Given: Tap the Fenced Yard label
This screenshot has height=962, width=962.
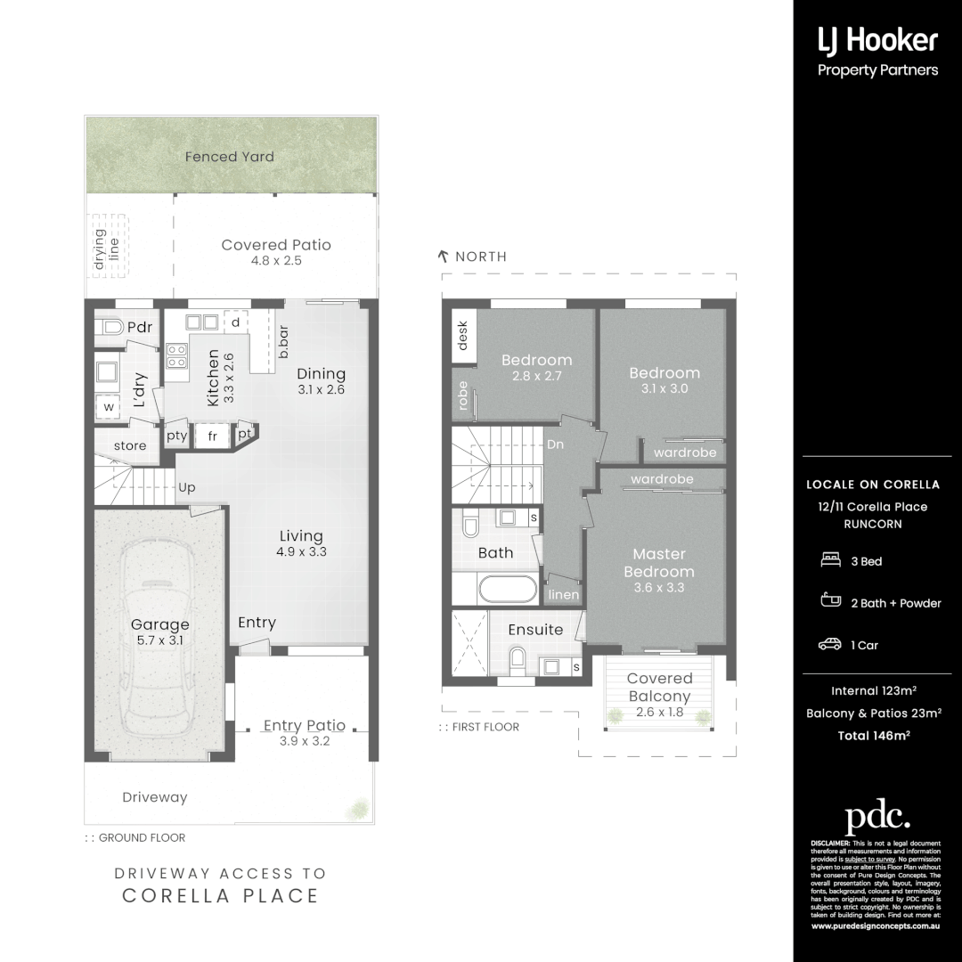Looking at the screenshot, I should [x=230, y=157].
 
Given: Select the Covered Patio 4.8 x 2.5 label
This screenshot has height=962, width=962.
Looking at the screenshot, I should [x=276, y=252].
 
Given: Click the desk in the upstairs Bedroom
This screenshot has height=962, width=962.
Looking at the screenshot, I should [x=462, y=337].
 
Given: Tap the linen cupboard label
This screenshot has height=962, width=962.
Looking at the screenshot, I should [x=564, y=595].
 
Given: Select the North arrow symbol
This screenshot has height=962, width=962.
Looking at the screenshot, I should [x=443, y=257].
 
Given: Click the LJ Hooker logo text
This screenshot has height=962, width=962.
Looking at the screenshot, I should [x=877, y=40].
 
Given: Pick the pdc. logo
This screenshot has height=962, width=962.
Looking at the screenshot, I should [x=877, y=817].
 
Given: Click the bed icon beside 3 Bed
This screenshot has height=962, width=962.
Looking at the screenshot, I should [x=829, y=560].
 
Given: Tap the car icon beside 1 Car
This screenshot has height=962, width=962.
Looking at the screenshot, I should [x=829, y=644].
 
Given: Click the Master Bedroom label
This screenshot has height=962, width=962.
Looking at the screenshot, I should [x=659, y=570].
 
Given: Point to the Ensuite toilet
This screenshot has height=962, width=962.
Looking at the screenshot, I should [x=516, y=659].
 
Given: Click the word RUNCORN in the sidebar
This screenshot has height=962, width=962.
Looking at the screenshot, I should [x=872, y=524].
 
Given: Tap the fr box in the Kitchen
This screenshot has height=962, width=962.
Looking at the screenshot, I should [x=213, y=436].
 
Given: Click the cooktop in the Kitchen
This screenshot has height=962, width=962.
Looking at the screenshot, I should [x=176, y=355].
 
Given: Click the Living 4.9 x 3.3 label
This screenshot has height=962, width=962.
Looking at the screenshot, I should [x=301, y=543].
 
